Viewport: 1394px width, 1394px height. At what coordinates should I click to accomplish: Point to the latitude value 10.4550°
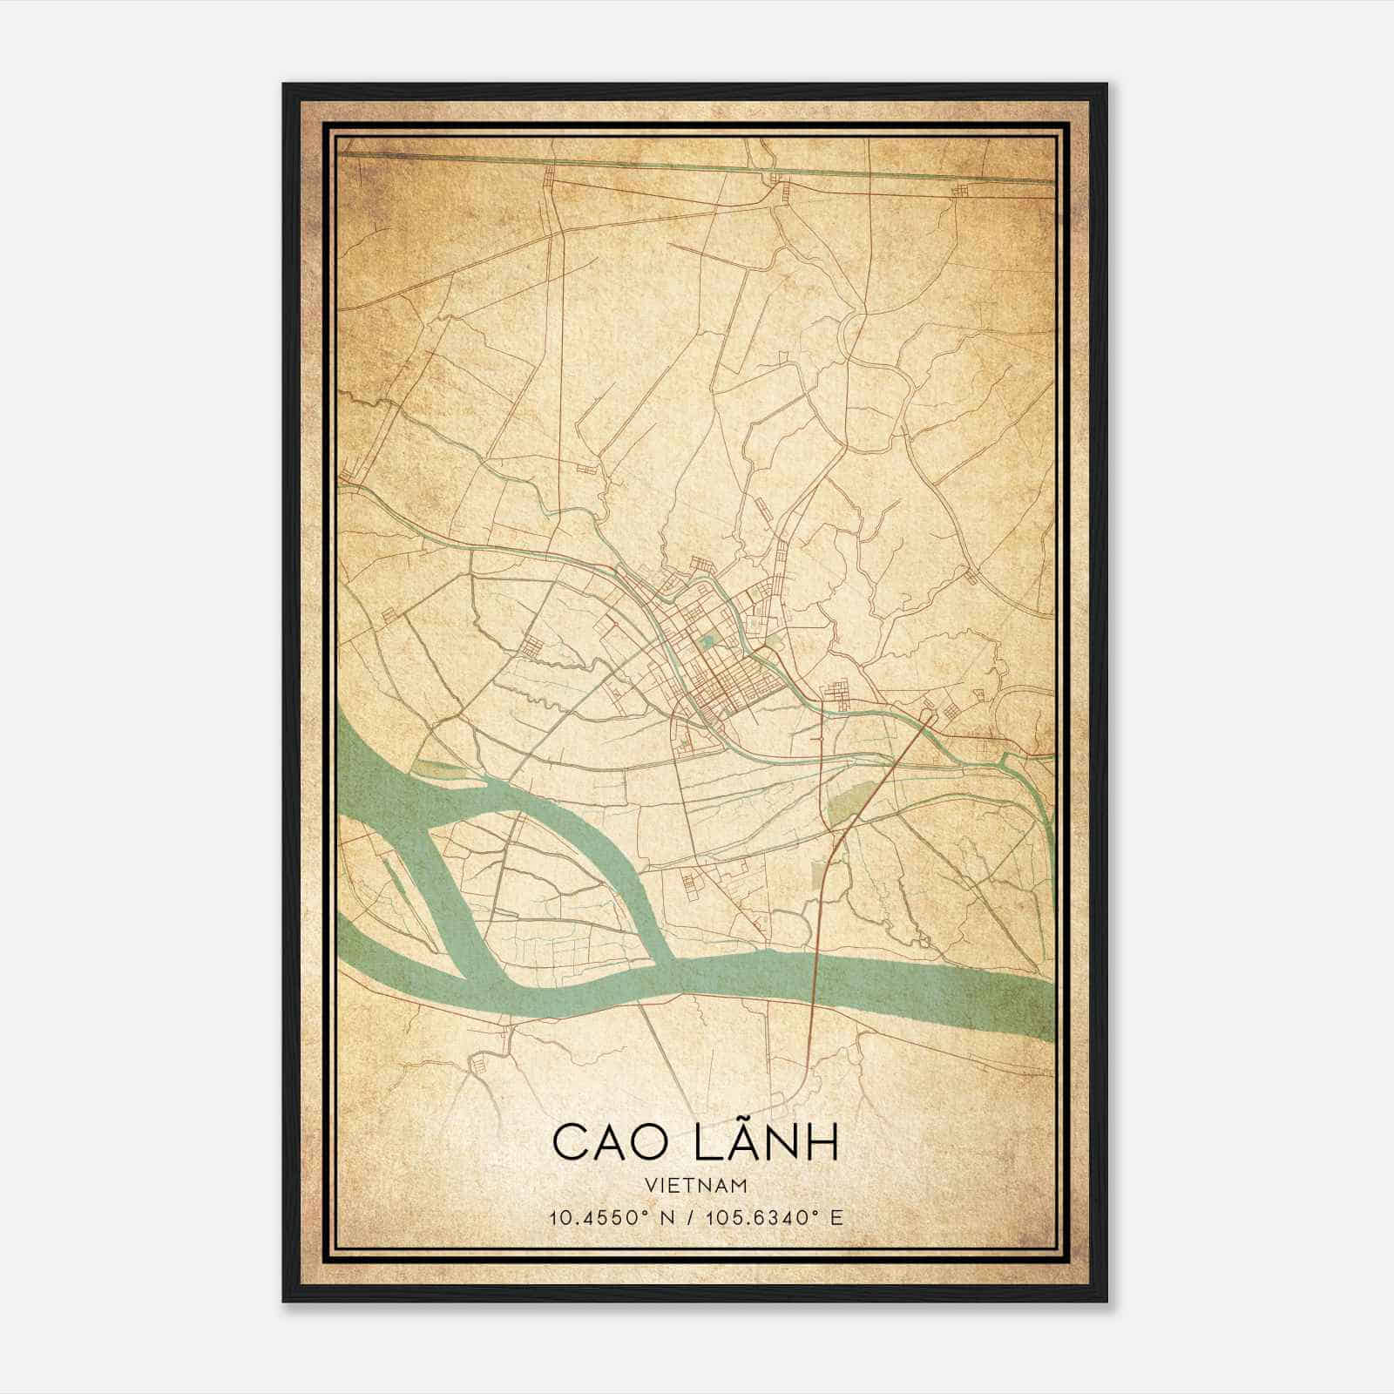point(594,1217)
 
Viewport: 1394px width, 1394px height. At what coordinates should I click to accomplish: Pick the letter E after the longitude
point(836,1217)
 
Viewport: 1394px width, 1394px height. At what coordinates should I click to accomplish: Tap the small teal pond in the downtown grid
point(707,641)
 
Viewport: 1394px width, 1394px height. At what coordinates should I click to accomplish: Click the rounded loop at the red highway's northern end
point(929,716)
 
